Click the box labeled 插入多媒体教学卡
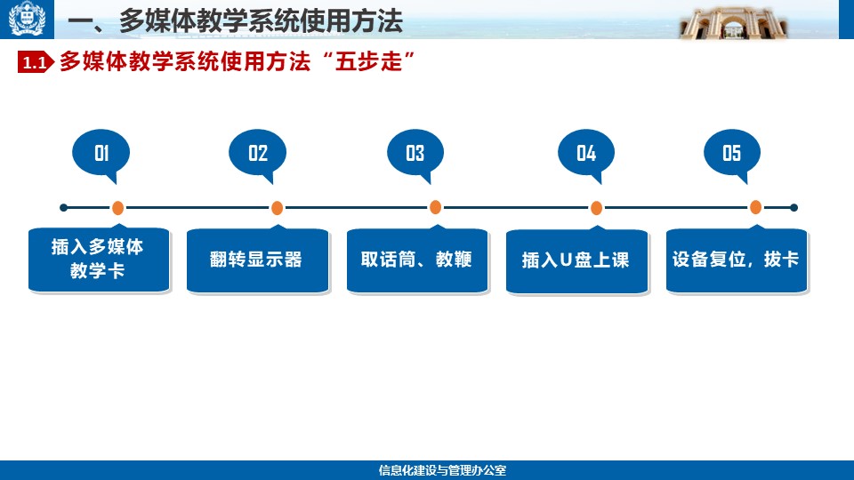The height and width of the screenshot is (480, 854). (x=99, y=259)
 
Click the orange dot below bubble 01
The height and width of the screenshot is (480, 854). (x=117, y=208)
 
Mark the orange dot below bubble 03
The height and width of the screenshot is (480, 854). (x=435, y=207)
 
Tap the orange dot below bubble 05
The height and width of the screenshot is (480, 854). (x=755, y=207)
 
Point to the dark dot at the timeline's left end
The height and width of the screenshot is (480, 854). (x=64, y=207)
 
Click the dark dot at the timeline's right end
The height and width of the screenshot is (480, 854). (x=794, y=207)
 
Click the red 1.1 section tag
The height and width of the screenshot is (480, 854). (x=36, y=62)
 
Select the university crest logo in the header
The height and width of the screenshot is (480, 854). (x=27, y=19)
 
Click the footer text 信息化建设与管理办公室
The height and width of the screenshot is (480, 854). (x=442, y=470)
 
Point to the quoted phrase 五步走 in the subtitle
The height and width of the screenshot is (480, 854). (x=368, y=61)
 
